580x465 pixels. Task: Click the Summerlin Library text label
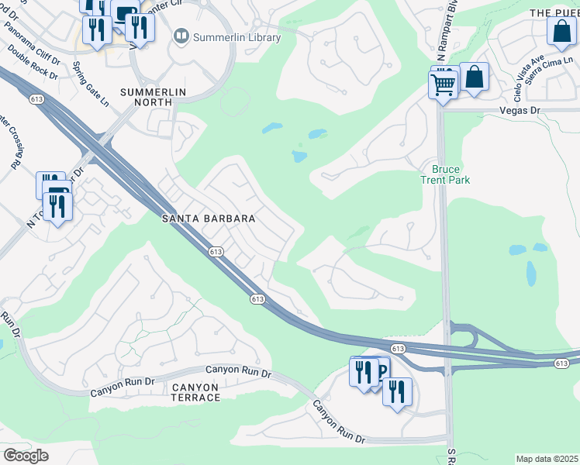point(230,36)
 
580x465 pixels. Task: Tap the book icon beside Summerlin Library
point(181,36)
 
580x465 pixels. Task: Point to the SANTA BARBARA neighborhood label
point(208,219)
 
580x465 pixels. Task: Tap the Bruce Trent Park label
point(445,174)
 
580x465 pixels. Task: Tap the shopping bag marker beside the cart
point(474,77)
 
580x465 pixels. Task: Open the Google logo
point(26,456)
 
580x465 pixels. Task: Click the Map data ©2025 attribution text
point(547,459)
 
